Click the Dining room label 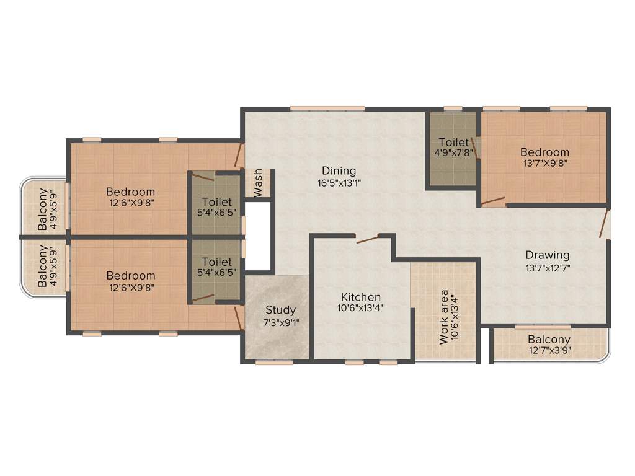pos(339,170)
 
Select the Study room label pos(281,310)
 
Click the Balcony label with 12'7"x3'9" pos(549,340)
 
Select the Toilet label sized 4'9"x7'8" pos(453,142)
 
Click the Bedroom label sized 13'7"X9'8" pos(544,152)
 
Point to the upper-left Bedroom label pos(130,192)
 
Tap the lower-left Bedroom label pos(130,275)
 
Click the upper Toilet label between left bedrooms pos(216,202)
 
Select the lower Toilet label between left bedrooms pos(216,262)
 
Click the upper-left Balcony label pos(42,209)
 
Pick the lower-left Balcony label pos(42,267)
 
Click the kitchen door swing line pos(366,239)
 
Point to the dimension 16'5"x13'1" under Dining pos(339,183)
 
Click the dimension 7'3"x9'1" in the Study pos(281,322)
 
